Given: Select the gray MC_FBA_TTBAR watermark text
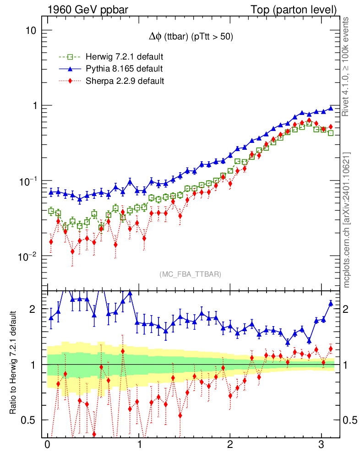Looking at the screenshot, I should pos(191,274).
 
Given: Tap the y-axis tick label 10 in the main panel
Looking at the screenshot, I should pos(32,31).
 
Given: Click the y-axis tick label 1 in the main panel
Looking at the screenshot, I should pos(34,106).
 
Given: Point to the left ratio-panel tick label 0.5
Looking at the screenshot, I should pos(29,420).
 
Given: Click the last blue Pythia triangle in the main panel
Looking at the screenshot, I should pos(331,108).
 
